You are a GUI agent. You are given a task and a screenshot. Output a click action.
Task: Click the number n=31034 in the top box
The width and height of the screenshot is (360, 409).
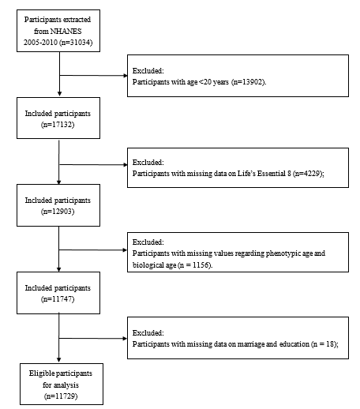point(77,43)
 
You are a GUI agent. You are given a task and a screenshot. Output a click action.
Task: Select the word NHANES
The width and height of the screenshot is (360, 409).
point(66,31)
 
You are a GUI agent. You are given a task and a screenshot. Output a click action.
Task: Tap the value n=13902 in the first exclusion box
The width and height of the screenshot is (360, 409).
point(249,82)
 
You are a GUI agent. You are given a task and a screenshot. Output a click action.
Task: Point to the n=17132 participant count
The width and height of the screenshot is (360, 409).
point(58,125)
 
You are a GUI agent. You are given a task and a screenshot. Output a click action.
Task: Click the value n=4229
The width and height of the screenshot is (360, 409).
point(308,174)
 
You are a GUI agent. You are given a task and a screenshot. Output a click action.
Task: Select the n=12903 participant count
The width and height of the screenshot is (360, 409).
point(58,212)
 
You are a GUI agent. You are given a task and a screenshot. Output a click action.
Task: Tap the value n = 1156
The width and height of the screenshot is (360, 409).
point(195,265)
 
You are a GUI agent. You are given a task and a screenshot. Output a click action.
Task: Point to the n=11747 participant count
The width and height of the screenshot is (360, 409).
point(58,299)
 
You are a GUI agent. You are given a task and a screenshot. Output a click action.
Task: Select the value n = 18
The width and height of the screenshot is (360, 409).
point(324,344)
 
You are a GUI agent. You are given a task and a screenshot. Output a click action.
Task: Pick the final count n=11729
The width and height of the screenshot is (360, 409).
point(61,396)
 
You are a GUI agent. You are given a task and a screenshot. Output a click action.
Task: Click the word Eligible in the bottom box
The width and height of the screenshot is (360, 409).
point(42,373)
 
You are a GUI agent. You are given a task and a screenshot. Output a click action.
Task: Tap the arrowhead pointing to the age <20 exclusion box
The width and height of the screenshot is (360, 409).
point(126,76)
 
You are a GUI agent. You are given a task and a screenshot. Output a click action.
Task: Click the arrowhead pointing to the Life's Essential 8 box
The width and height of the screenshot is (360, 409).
point(126,165)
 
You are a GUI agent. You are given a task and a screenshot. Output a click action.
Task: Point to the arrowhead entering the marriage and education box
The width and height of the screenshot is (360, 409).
point(126,338)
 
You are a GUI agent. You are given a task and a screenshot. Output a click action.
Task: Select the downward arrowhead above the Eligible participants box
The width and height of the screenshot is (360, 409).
point(59,360)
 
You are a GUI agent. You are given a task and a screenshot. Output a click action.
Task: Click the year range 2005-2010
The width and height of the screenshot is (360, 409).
point(40,43)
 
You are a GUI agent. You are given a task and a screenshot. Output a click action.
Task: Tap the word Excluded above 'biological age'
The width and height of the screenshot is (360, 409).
point(148,242)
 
